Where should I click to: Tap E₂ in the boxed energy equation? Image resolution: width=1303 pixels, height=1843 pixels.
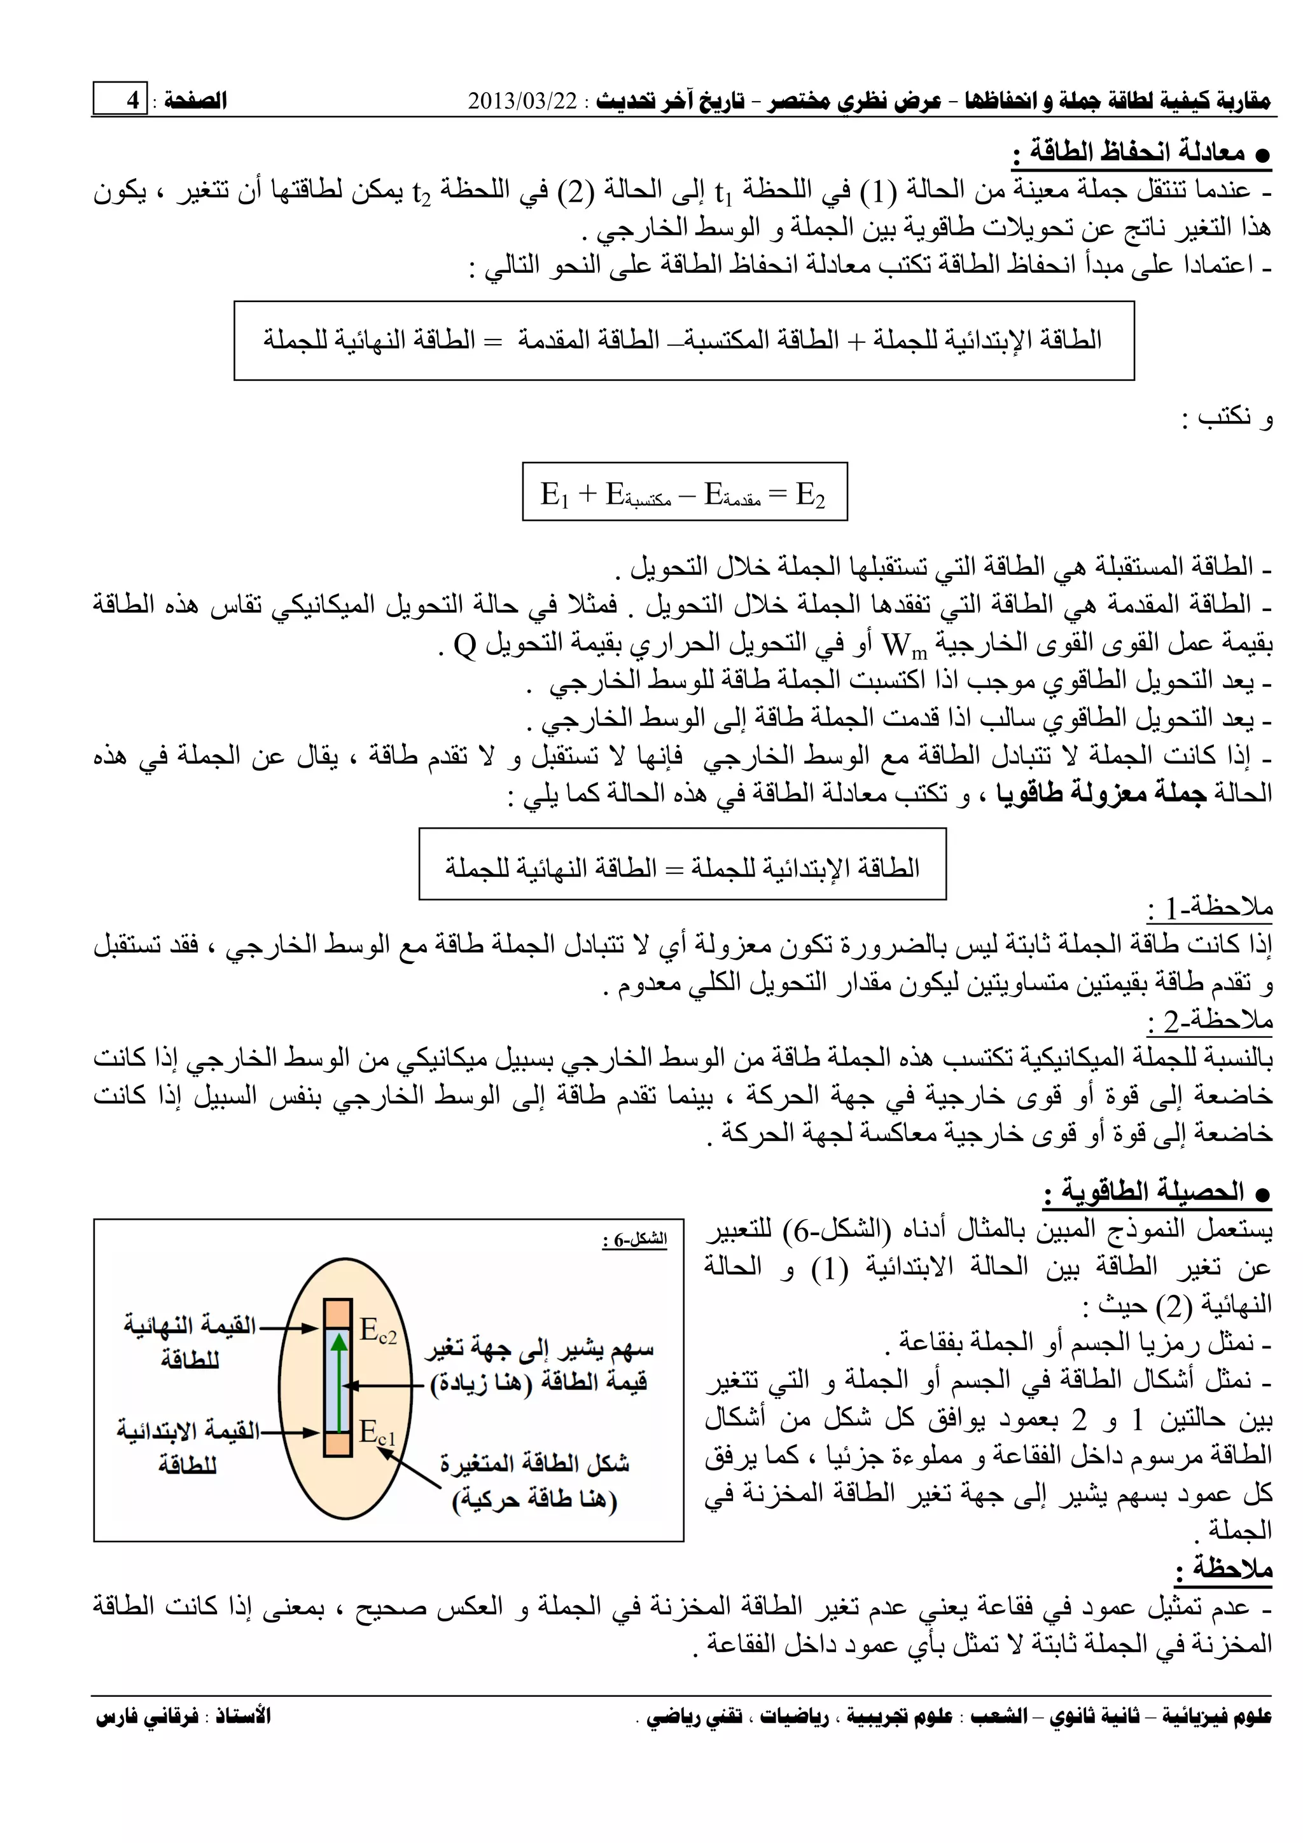(810, 494)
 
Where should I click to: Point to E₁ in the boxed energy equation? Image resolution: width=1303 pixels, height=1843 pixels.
(554, 494)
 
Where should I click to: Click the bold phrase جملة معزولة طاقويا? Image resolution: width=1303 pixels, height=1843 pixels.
(1101, 793)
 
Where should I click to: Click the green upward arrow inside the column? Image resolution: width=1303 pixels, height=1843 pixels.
(340, 1381)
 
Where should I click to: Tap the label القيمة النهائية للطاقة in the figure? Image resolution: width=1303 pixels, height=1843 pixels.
(190, 1341)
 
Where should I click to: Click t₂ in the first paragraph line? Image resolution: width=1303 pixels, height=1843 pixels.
(421, 192)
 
